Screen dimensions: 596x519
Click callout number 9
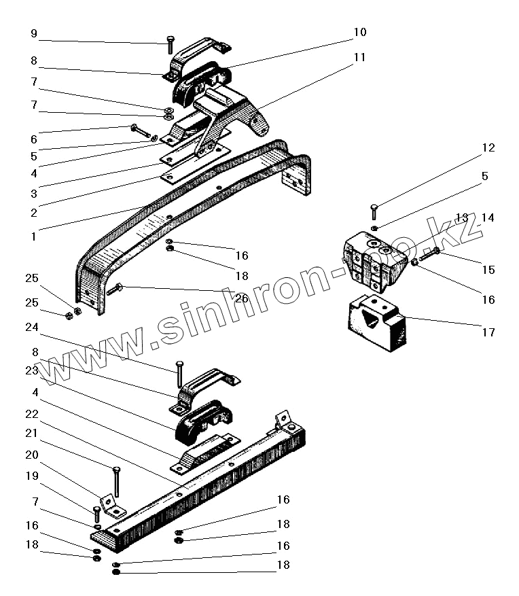click(x=34, y=33)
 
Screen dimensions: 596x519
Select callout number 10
click(x=359, y=32)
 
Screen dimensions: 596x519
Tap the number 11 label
click(x=359, y=57)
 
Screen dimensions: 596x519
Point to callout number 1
click(x=33, y=236)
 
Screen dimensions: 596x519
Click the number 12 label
click(x=488, y=147)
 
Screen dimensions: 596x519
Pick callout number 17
click(x=488, y=332)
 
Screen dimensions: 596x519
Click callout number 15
click(x=488, y=270)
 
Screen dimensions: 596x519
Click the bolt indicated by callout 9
click(x=168, y=47)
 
